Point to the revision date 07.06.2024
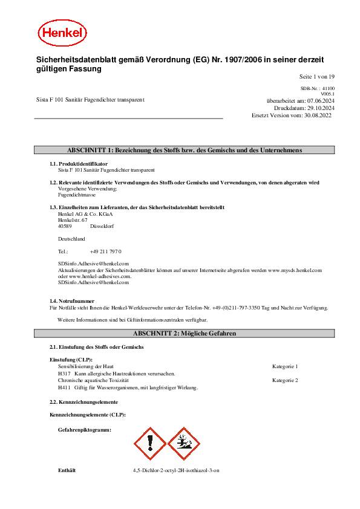coord(320,100)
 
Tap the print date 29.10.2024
coord(320,108)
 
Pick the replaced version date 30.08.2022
coord(320,115)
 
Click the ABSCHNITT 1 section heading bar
coord(184,150)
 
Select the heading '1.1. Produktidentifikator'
coord(79,164)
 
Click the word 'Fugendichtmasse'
coord(76,195)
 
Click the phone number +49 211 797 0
coord(106,250)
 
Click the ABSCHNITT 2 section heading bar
coord(184,333)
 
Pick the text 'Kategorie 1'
coord(285,366)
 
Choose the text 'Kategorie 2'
coord(285,380)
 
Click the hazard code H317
coord(64,374)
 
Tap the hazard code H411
coord(64,387)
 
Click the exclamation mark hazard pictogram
coord(149,444)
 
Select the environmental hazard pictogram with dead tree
coord(183,444)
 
